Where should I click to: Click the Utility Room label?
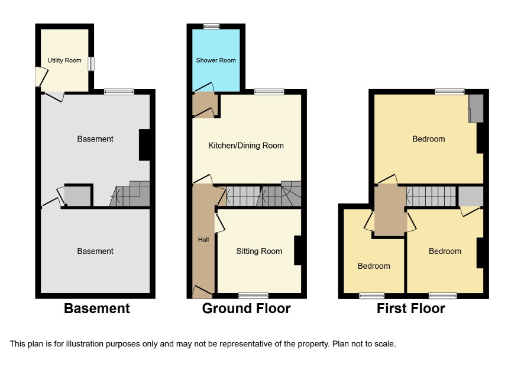click(64, 60)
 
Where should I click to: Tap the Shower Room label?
click(216, 60)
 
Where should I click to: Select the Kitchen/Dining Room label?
click(246, 146)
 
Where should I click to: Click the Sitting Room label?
click(259, 251)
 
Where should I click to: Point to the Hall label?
click(203, 240)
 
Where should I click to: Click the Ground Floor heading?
click(246, 308)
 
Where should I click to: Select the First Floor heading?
click(411, 308)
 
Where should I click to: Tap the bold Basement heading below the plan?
click(97, 308)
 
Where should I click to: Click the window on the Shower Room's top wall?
click(212, 26)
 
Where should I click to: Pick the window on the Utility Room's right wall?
click(91, 63)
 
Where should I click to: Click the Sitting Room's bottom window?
click(253, 296)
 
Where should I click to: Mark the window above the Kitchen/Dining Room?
click(269, 92)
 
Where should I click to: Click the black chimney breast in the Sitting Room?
click(297, 251)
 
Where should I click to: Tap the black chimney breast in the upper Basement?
click(144, 145)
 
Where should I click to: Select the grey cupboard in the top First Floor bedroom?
click(476, 108)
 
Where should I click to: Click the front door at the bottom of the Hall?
click(202, 292)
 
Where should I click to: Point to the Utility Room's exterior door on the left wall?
click(41, 76)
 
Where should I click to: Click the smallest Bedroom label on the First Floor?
click(374, 266)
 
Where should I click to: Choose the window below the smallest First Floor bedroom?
click(372, 296)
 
